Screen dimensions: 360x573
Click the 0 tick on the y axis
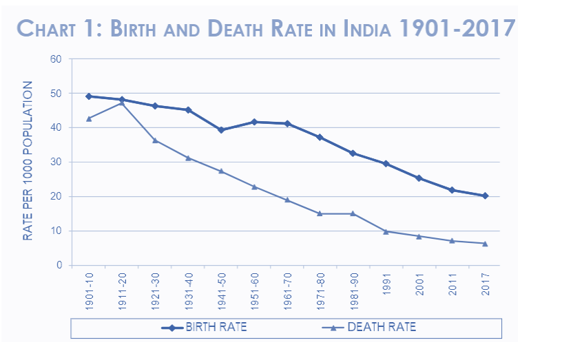59,266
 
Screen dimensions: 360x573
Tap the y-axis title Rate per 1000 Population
28,161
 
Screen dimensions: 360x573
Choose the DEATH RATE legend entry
382,327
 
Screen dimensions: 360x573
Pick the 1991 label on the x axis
386,284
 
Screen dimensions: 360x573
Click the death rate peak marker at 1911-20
122,103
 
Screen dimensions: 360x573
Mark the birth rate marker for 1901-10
89,96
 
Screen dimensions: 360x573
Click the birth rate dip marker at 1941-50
221,130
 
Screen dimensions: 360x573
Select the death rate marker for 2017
486,244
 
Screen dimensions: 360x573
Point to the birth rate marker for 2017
486,195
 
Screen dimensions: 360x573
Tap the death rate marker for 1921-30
155,140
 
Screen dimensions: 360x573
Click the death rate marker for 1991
386,231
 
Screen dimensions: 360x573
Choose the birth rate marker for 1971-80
320,137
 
